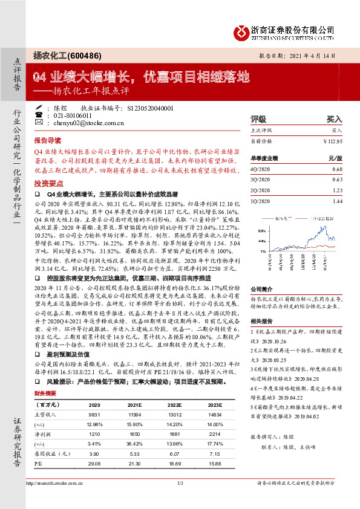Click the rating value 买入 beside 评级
pyautogui.click(x=334, y=120)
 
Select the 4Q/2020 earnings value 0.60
pyautogui.click(x=337, y=170)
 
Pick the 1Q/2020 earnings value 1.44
pyautogui.click(x=337, y=200)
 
